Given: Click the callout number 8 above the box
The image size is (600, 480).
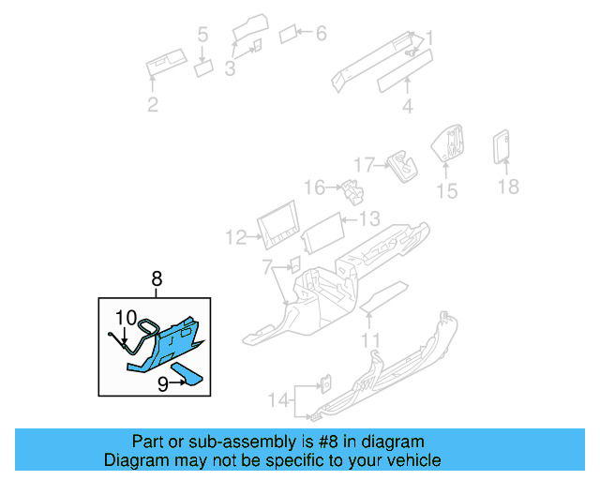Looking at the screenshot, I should click(157, 277).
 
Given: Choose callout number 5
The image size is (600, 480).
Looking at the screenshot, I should click(202, 36).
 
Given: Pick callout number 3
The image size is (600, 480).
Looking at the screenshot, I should click(230, 67).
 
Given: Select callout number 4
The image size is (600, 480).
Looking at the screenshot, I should click(407, 106).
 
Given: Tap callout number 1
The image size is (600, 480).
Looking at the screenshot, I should click(429, 38).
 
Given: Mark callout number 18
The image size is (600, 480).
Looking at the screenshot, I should click(507, 187).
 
